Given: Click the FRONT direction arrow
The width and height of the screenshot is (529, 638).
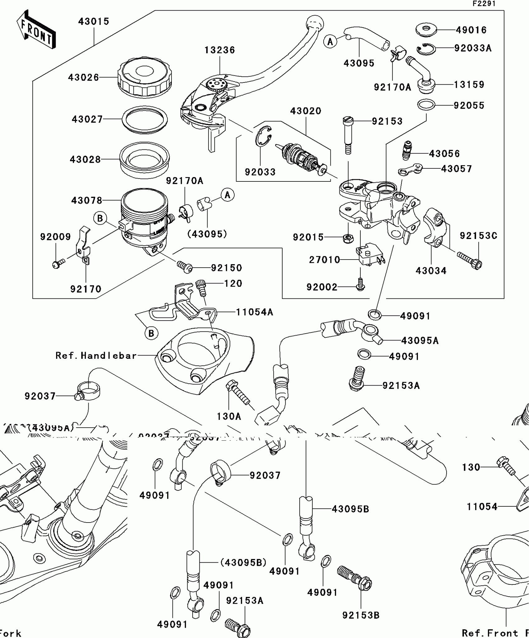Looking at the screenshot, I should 36,30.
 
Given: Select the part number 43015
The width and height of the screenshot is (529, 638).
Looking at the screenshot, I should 94,21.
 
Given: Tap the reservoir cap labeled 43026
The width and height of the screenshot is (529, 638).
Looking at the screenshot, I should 145,77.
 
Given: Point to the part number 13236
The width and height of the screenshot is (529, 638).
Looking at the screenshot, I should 220,50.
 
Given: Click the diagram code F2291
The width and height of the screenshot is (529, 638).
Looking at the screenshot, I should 484,4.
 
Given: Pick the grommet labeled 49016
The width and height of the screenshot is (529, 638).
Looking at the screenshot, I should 426,29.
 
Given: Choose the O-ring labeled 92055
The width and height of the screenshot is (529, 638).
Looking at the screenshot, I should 426,105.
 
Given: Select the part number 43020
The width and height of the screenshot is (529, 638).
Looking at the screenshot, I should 306,111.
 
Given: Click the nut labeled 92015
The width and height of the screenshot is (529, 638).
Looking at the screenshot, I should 347,238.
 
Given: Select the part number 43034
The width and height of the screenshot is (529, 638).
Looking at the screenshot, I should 431,271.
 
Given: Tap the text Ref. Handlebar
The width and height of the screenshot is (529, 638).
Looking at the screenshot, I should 96,356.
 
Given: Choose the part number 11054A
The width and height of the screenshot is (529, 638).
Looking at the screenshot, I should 254,312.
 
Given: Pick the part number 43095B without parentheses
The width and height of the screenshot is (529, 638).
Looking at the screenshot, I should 350,509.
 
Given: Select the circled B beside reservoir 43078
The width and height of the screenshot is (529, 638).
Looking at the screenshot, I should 100,218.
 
